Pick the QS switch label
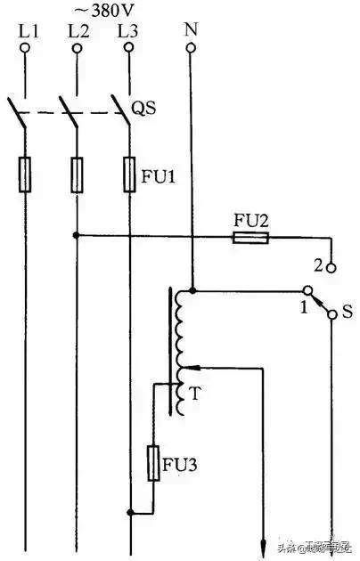pos(144,110)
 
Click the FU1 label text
pos(158,175)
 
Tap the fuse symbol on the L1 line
pos(26,174)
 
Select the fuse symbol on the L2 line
pos(77,174)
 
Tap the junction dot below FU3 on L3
pos(131,512)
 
